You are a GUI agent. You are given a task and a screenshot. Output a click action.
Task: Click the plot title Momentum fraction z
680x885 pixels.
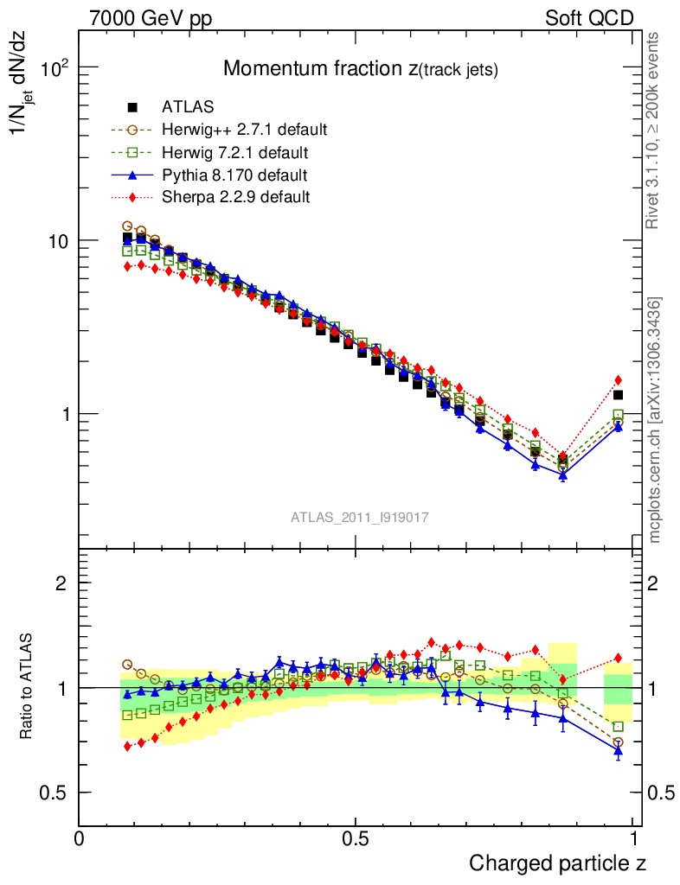point(361,69)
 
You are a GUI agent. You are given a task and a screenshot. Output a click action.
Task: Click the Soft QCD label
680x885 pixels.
point(590,18)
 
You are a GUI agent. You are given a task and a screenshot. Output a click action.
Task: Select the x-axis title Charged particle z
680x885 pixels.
point(557,863)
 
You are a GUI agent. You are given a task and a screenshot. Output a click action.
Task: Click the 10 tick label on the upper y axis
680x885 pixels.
point(58,240)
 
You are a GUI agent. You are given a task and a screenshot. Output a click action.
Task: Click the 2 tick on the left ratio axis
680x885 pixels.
point(61,583)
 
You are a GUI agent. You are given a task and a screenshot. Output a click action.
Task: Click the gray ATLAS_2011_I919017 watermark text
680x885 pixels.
point(360,517)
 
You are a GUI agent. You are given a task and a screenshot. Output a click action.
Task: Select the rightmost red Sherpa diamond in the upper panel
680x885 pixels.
point(618,379)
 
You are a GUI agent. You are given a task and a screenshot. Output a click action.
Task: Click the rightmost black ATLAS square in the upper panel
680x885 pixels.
point(618,395)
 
